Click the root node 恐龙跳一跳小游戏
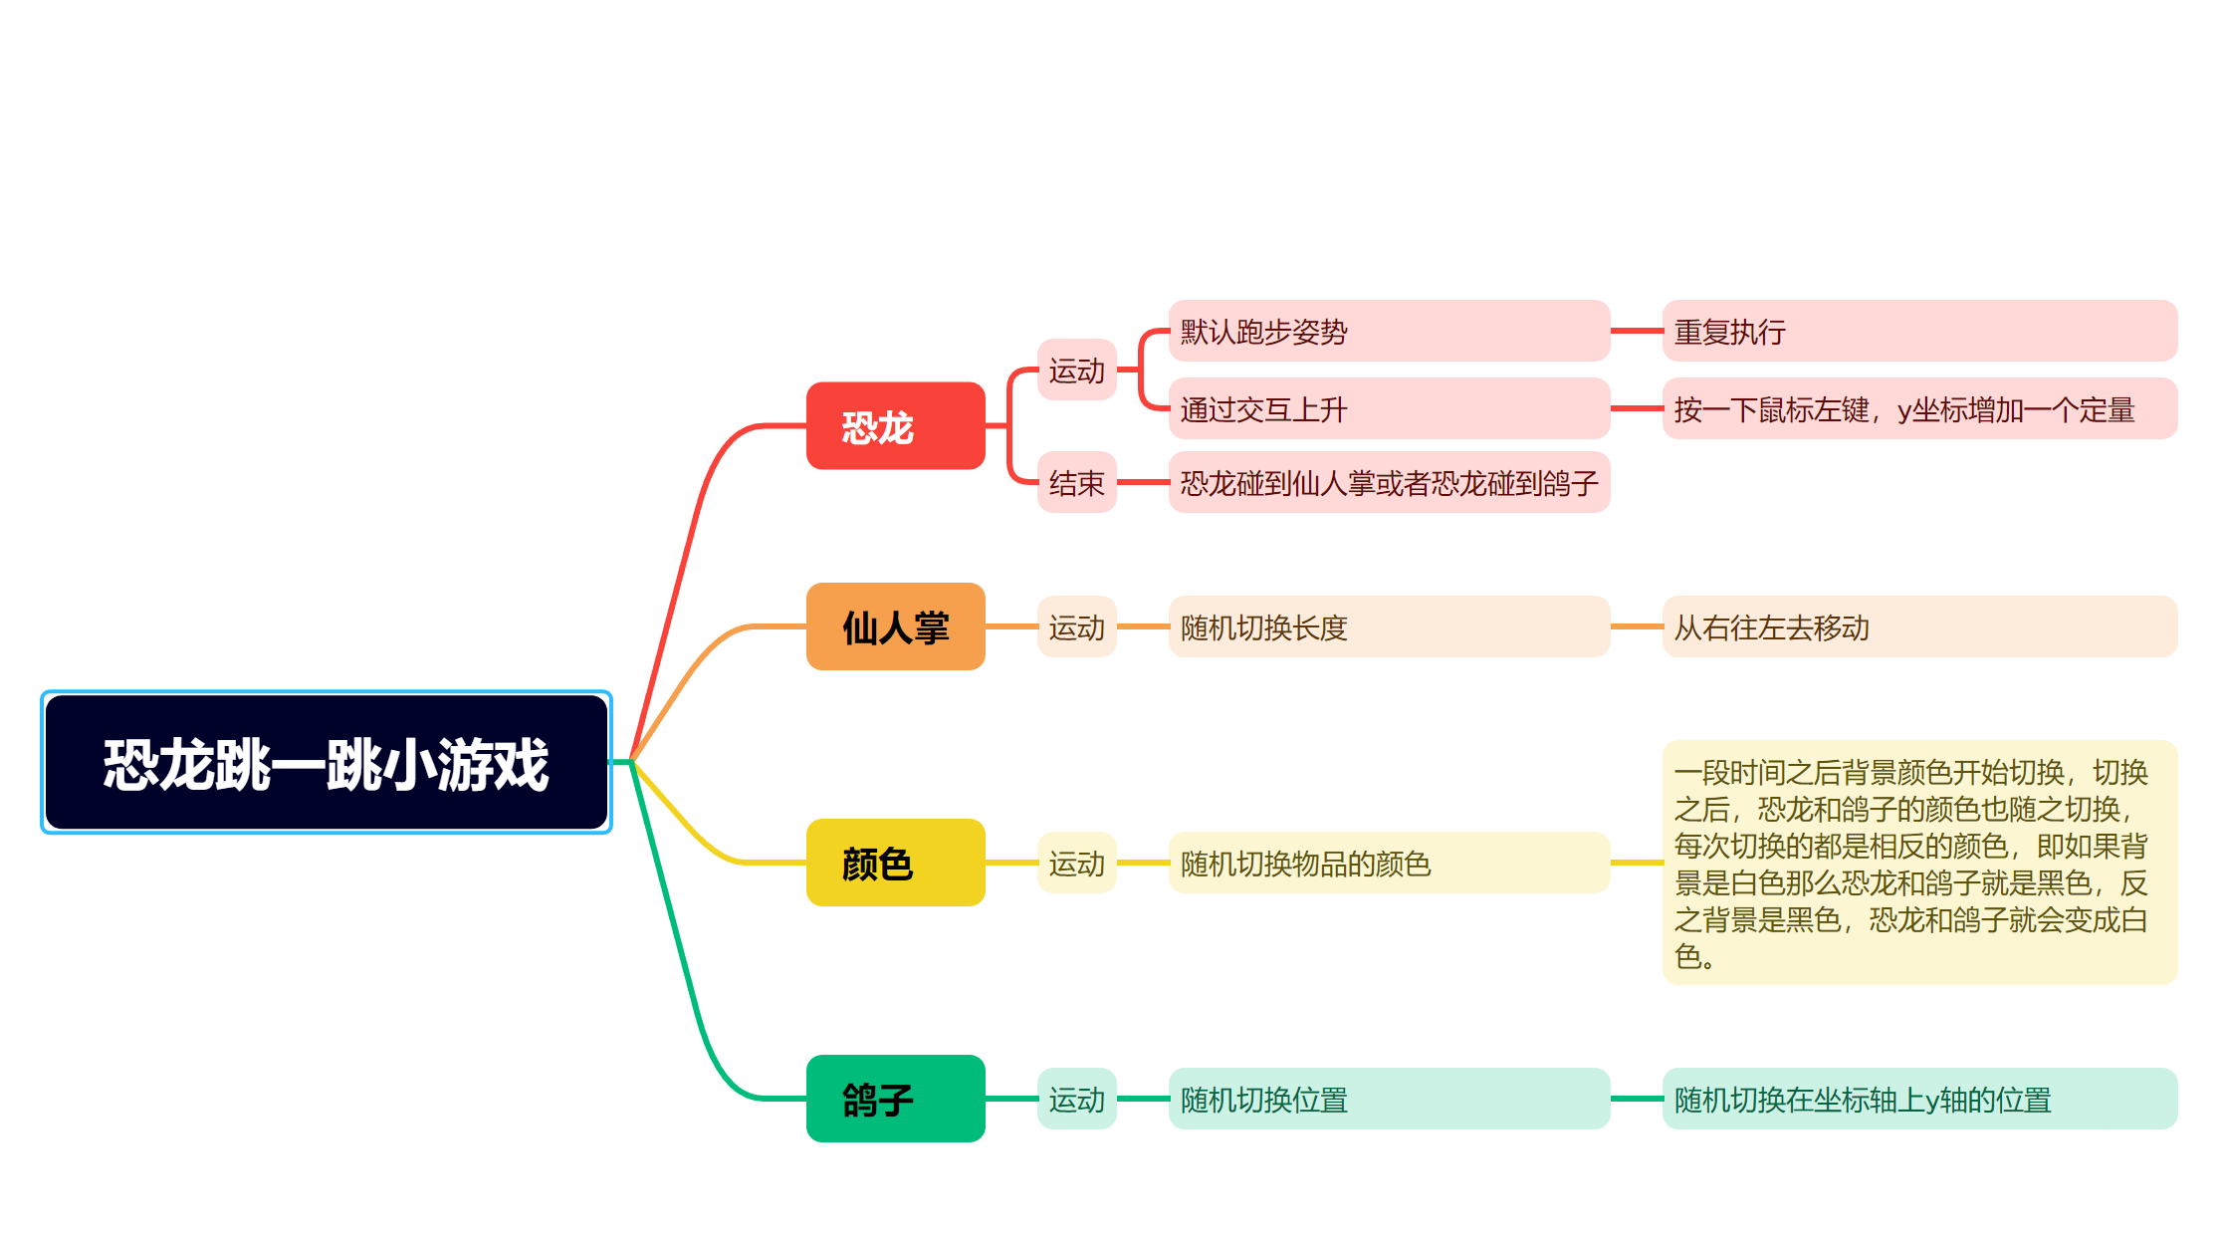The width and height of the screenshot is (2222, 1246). click(327, 763)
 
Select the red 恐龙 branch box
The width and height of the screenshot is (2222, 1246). click(895, 426)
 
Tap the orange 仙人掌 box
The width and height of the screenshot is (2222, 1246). click(895, 626)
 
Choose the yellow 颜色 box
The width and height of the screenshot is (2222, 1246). click(895, 863)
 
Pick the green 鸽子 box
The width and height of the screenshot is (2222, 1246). click(895, 1099)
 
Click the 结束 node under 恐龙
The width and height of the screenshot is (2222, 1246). click(1076, 483)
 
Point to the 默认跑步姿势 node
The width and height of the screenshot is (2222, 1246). click(1389, 331)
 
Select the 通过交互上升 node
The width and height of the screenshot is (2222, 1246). click(1389, 408)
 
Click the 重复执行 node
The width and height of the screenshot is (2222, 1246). click(1919, 331)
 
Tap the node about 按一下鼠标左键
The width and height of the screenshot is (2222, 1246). click(1919, 408)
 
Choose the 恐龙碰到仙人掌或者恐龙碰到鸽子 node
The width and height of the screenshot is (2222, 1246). click(1389, 483)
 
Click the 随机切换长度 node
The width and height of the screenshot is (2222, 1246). click(1389, 626)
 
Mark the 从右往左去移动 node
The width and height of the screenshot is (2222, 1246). click(1919, 626)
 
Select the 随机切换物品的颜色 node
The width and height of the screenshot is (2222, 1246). click(1389, 863)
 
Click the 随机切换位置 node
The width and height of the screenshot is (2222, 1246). click(1389, 1099)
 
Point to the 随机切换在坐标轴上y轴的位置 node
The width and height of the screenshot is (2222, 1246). click(1919, 1099)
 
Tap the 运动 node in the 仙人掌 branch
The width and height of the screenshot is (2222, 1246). click(1076, 626)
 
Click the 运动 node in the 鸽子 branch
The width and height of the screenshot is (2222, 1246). click(1076, 1099)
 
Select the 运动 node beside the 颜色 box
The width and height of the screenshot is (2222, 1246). click(1076, 863)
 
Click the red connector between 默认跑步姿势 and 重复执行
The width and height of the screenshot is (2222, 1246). click(1637, 331)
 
